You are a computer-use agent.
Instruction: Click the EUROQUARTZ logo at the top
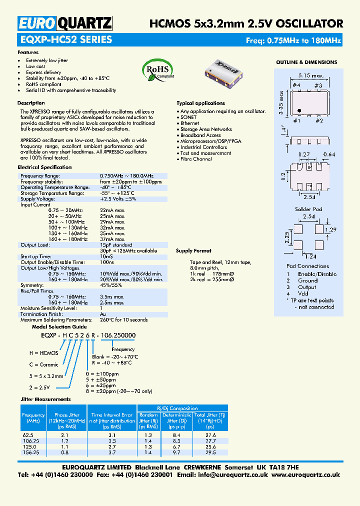point(65,23)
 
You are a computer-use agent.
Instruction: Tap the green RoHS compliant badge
point(158,69)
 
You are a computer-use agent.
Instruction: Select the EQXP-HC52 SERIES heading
point(65,40)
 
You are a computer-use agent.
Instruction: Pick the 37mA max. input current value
point(112,239)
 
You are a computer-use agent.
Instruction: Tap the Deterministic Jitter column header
point(177,420)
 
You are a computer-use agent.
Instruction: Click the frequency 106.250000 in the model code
point(118,335)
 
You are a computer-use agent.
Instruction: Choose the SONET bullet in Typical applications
point(188,117)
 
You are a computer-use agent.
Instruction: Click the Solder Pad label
point(308,208)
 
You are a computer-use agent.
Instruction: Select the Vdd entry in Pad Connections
point(303,294)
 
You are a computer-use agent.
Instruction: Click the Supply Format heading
point(193,250)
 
